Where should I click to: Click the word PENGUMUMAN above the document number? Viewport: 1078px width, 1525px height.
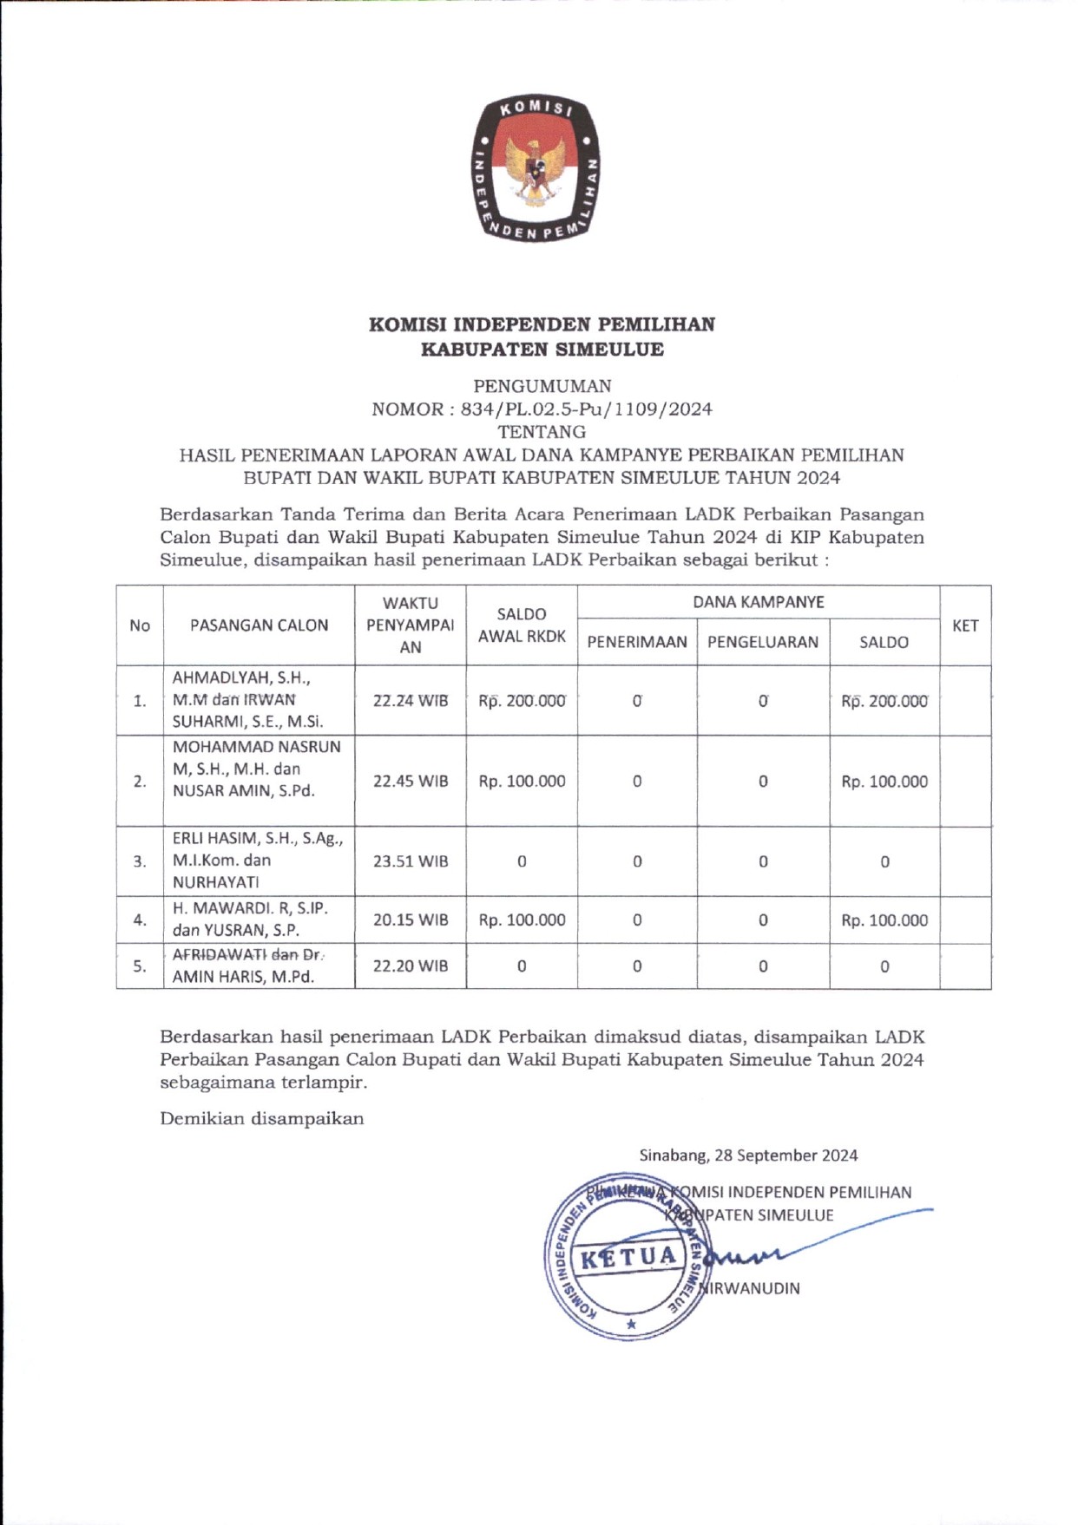(542, 386)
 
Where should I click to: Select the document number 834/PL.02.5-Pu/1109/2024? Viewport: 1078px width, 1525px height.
(586, 409)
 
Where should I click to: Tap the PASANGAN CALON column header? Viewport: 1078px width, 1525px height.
(259, 625)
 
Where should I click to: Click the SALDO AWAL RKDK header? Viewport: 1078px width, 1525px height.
(522, 625)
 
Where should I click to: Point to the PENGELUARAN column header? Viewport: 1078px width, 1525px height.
(763, 642)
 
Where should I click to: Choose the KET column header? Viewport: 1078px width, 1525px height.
(965, 625)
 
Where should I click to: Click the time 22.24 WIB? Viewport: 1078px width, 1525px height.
(411, 701)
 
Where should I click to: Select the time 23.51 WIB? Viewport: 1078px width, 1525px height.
(411, 861)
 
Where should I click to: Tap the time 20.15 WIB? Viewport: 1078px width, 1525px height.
(411, 920)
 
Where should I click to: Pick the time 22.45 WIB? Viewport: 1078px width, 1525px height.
(411, 781)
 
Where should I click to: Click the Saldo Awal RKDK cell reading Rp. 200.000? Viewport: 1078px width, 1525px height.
(522, 701)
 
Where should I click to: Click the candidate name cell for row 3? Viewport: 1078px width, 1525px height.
(258, 861)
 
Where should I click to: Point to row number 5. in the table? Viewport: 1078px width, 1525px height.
(140, 966)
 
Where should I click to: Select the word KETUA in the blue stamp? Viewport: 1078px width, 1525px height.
(628, 1258)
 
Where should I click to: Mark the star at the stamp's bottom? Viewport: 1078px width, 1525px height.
(631, 1324)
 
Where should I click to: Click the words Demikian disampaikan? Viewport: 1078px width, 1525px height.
(261, 1118)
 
